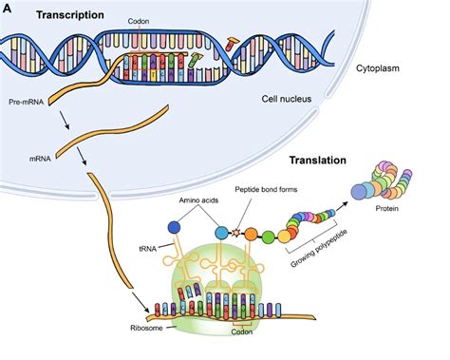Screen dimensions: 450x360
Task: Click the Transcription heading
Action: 70,15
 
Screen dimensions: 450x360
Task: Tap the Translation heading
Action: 318,161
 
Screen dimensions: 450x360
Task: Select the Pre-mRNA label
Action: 27,103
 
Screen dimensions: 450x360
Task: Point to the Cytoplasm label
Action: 378,68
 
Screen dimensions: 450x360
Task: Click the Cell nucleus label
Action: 287,99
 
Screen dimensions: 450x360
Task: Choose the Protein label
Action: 386,209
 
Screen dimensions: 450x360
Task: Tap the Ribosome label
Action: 146,328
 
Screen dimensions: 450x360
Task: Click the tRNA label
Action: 148,249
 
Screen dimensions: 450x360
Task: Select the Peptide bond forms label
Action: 266,190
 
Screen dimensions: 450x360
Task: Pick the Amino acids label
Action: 198,200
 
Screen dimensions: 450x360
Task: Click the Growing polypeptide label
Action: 319,249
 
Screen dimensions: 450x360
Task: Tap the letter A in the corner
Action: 7,9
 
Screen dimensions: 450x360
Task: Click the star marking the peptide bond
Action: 234,233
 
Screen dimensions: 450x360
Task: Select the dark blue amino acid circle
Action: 174,227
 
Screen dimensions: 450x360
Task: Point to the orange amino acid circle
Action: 251,234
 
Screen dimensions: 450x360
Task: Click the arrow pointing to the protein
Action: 342,207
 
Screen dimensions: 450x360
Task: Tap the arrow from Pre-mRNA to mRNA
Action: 64,120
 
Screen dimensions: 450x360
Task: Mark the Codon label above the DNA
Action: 139,22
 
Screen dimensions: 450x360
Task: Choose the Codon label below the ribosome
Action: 242,332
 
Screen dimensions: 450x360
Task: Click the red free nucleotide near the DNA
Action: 232,44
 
